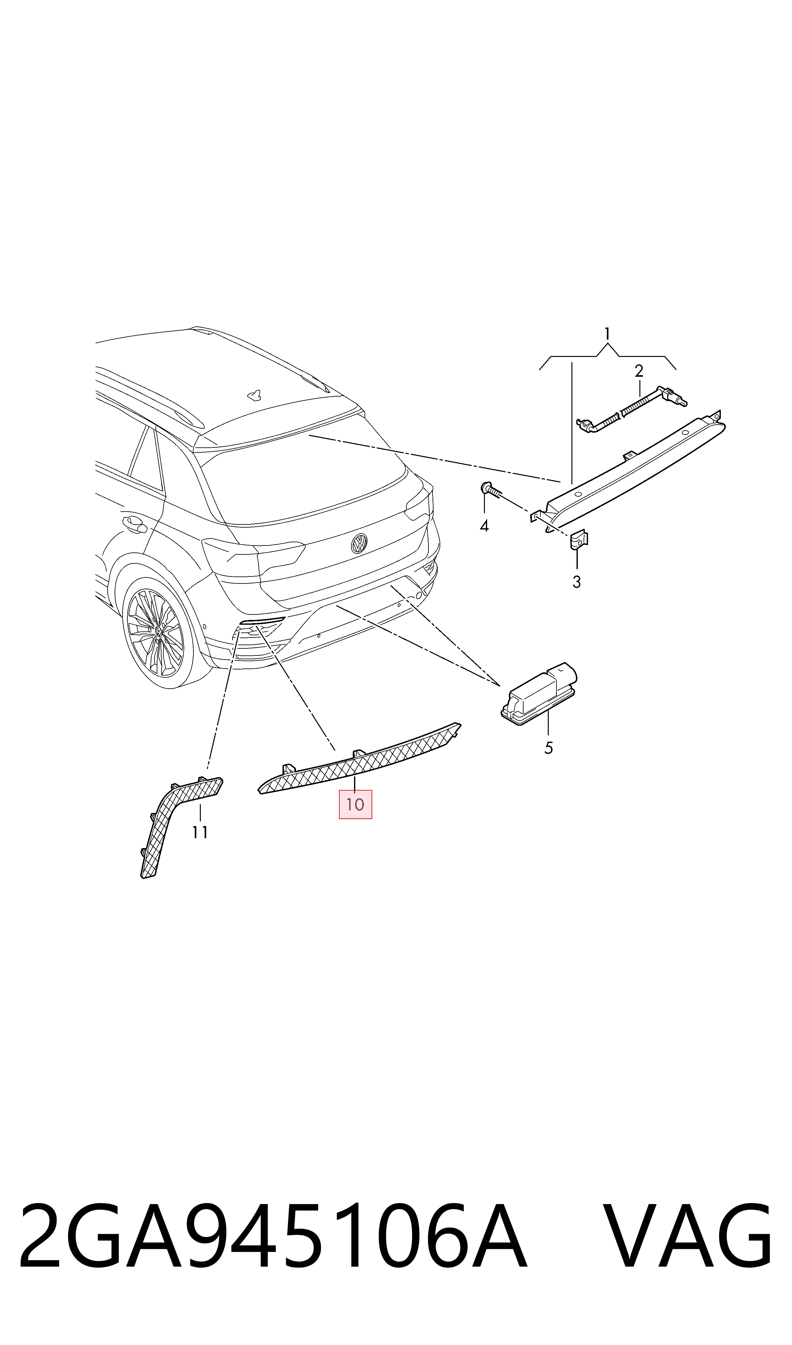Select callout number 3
577,582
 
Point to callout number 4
484,526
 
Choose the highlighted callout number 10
355,804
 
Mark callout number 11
200,832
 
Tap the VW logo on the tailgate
358,544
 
